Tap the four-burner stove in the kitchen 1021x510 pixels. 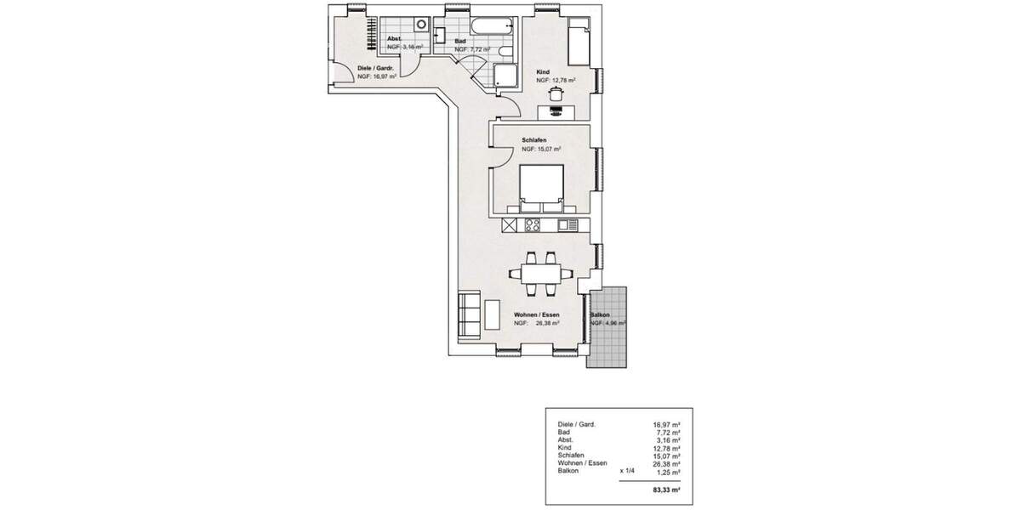[533, 225]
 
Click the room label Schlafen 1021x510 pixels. [533, 139]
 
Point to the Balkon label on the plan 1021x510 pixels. [601, 314]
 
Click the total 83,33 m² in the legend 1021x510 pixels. [668, 490]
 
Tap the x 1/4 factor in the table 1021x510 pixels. [628, 470]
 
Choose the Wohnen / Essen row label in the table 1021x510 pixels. [582, 462]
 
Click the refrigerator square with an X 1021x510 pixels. [510, 225]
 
